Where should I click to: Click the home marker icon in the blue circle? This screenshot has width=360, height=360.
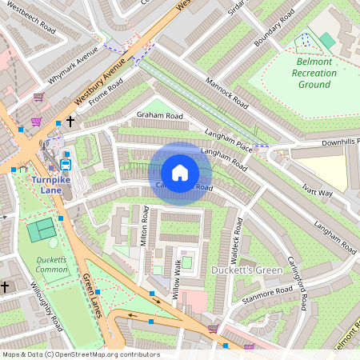(180, 173)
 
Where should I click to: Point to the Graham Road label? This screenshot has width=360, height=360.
(159, 116)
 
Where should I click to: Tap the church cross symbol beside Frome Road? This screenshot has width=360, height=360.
(70, 122)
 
